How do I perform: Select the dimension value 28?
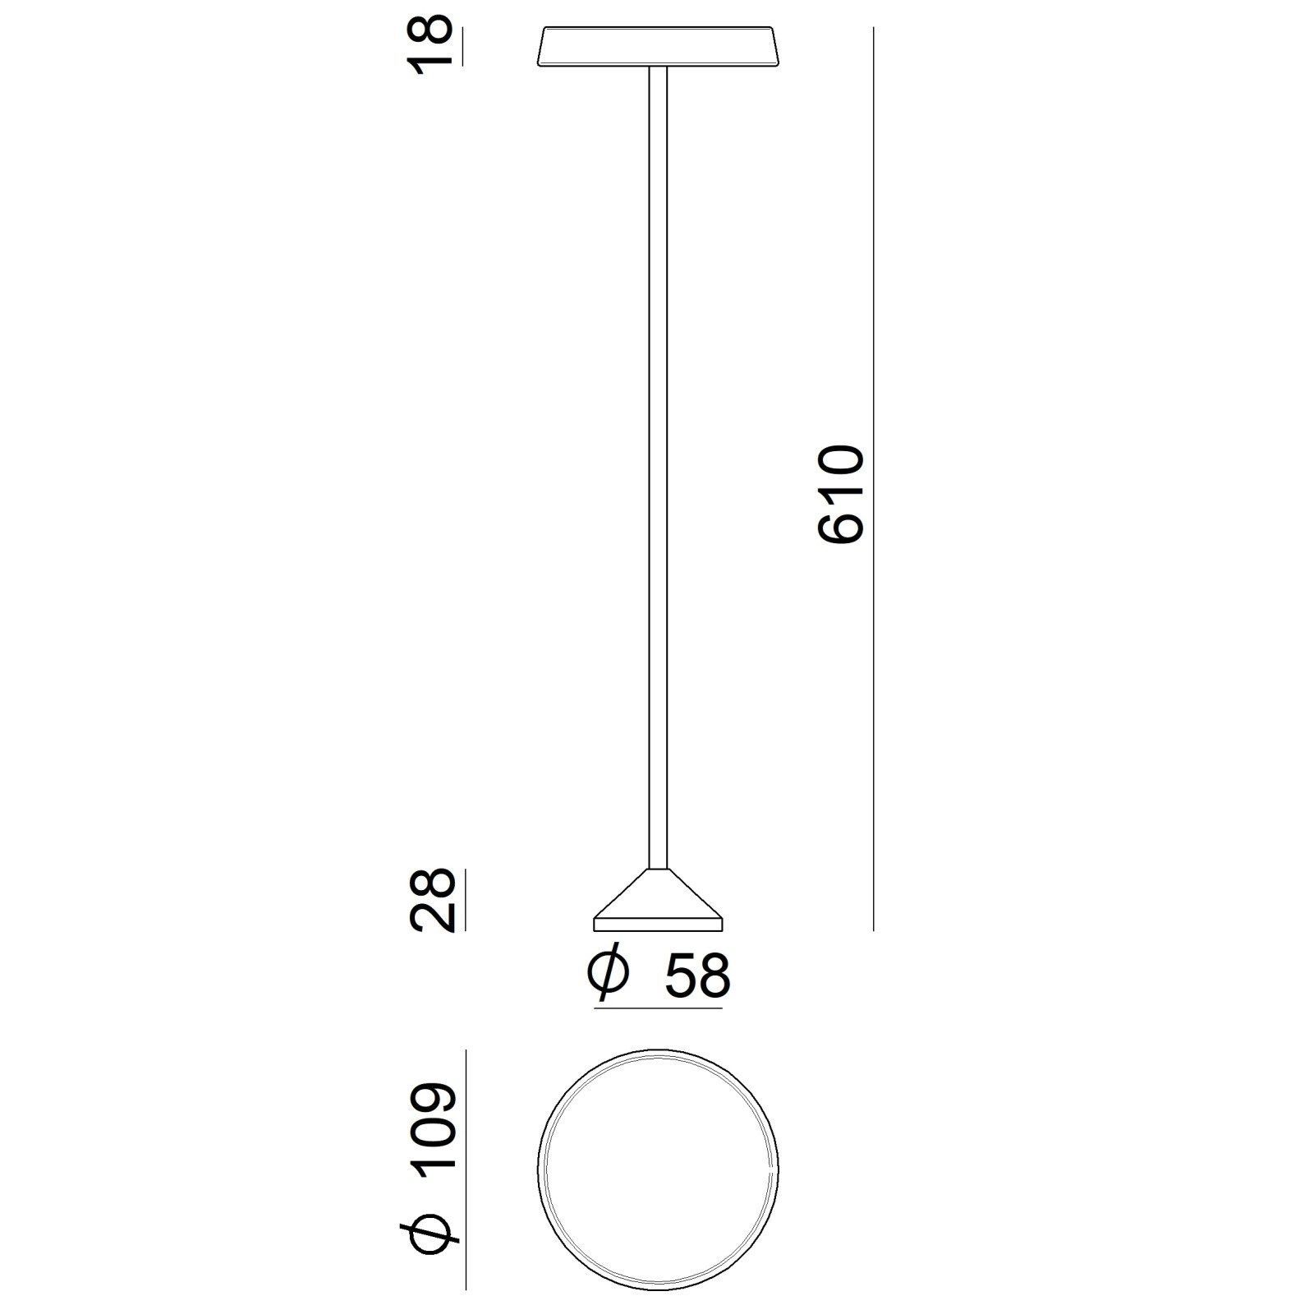432,900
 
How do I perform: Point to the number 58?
697,976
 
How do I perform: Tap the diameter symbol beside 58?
609,976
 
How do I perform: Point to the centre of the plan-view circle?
658,1171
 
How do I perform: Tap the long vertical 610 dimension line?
874,329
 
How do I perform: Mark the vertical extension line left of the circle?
466,1171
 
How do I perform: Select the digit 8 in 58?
713,976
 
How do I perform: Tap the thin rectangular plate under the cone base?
658,925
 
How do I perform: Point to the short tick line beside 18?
465,46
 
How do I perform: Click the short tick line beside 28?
465,900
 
